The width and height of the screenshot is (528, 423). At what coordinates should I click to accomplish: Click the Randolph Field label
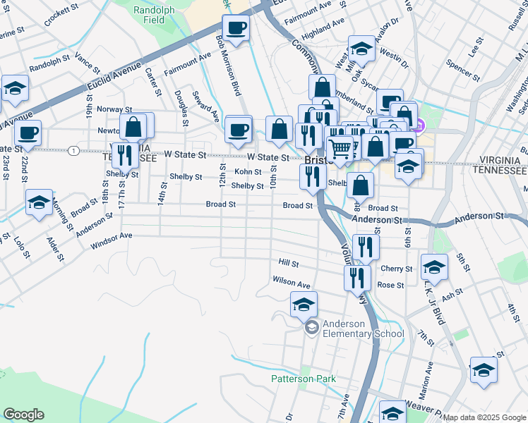150,15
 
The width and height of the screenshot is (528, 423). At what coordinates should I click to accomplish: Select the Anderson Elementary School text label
363,329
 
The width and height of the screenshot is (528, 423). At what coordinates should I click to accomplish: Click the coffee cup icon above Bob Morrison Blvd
236,29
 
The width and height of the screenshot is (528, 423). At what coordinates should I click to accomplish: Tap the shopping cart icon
340,148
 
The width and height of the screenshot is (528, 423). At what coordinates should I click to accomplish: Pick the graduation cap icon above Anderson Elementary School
304,305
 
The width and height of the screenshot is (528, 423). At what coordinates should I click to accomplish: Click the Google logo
24,415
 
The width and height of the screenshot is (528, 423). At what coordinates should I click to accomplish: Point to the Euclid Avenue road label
115,78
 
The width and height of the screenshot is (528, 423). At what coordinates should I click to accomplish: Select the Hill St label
289,262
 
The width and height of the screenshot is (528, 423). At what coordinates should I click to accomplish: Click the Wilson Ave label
292,283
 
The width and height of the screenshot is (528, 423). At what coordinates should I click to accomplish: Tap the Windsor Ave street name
112,240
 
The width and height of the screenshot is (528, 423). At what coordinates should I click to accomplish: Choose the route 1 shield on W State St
73,150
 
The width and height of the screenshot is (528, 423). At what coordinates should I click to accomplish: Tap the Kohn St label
248,171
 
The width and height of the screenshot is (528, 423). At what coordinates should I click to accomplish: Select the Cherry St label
396,269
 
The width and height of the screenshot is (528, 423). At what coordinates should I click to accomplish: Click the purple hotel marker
418,126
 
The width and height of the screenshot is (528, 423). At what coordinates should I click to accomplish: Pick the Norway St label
114,109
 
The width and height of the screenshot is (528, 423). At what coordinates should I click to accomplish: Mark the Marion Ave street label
428,377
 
